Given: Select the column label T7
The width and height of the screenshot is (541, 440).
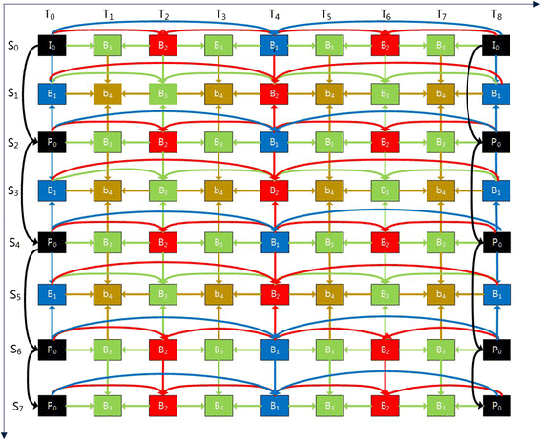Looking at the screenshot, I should pos(440,15).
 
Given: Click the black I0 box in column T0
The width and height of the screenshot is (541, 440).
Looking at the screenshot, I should pos(52,45).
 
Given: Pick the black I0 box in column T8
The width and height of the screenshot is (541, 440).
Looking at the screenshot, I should pos(494,45).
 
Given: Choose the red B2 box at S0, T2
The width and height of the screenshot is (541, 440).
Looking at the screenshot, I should pos(163,45).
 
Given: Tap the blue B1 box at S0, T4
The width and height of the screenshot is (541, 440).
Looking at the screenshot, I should pos(274,45).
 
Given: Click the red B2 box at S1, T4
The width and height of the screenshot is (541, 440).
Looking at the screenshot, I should pos(274,93).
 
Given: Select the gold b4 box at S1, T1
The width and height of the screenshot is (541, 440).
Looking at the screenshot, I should pos(107,93).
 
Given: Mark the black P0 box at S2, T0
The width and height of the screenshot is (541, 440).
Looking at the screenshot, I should pos(52,141).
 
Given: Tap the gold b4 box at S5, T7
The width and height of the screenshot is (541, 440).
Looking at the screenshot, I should pos(440,290).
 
